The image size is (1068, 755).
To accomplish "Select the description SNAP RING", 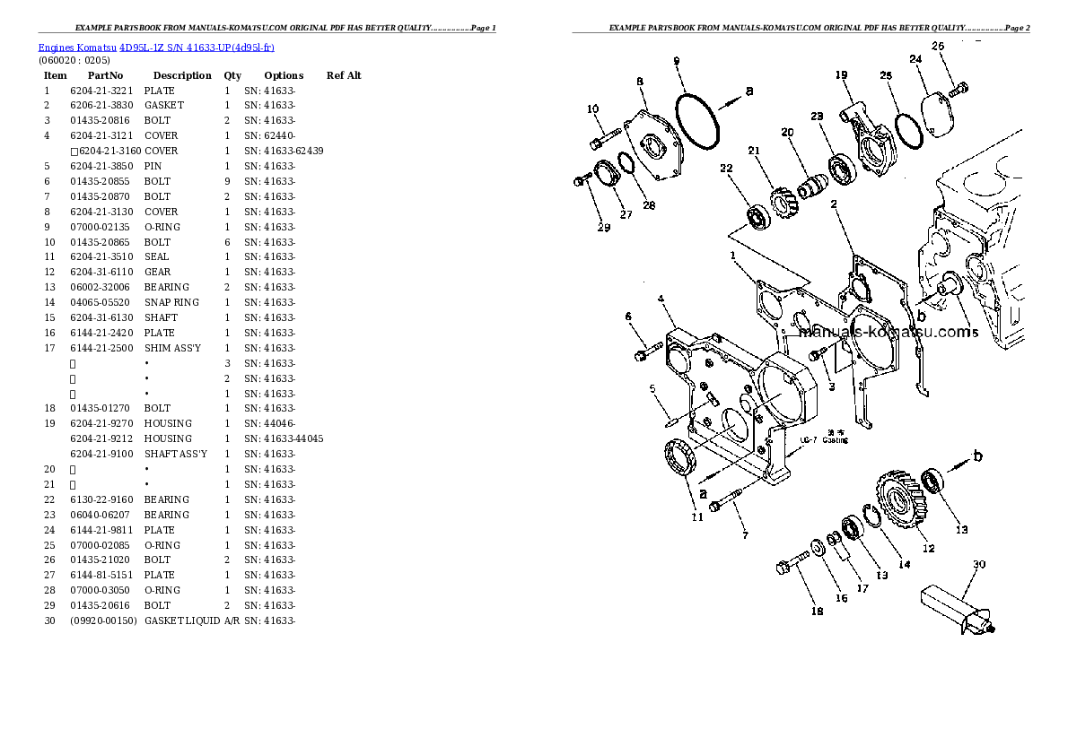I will tap(172, 302).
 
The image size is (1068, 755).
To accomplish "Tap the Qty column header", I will tap(232, 75).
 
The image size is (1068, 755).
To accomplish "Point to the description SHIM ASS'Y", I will tap(172, 348).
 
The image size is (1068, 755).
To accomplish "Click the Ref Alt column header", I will tap(344, 75).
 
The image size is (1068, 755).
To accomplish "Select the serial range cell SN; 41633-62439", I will tap(284, 151).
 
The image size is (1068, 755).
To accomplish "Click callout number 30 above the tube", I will tap(979, 564).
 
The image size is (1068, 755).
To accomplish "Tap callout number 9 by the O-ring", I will tap(676, 61).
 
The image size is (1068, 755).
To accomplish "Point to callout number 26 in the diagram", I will tap(938, 45).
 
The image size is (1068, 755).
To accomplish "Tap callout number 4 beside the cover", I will tap(660, 298).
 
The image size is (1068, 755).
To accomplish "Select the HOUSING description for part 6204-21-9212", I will tap(168, 438).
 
